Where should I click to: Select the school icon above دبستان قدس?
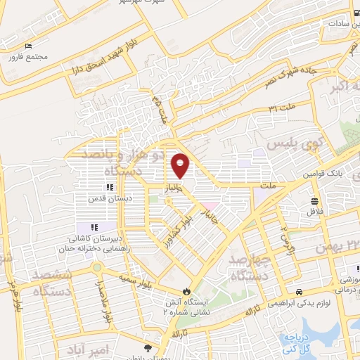(109, 187)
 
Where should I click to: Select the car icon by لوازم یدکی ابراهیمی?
(300, 291)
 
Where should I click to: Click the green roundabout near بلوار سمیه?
(97, 268)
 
